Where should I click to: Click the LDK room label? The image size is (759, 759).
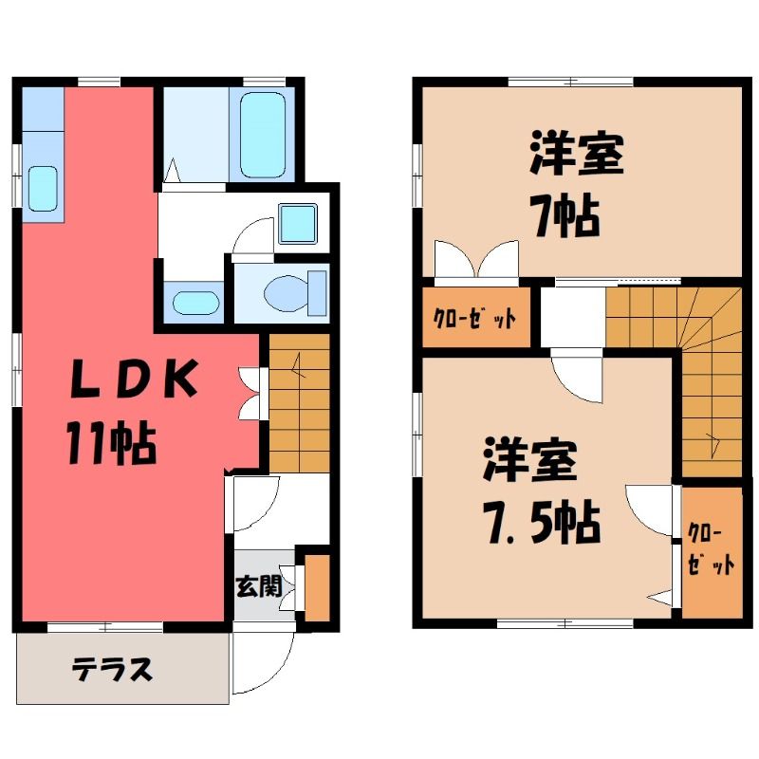(x=134, y=379)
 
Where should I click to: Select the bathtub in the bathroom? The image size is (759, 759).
(x=262, y=134)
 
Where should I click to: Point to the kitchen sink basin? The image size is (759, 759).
(x=43, y=188)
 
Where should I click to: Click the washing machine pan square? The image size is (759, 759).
(x=298, y=223)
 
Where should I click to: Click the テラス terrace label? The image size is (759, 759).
(x=113, y=670)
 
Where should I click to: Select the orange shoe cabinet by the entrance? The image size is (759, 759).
(x=317, y=587)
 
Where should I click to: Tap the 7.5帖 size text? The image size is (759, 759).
(x=543, y=524)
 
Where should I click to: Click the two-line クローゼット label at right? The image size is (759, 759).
(x=711, y=550)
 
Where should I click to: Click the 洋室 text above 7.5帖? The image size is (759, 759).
(x=530, y=459)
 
